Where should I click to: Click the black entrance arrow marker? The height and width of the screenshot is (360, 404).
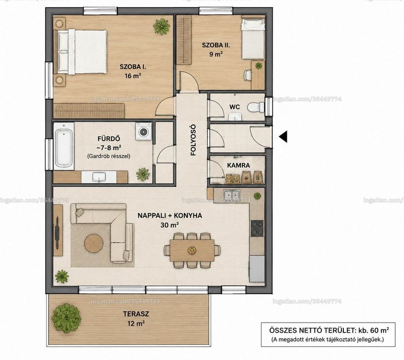pyautogui.click(x=283, y=137)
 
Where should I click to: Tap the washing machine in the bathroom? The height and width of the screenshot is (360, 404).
pyautogui.click(x=143, y=131)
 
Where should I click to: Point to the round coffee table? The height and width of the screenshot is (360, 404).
pyautogui.click(x=94, y=243)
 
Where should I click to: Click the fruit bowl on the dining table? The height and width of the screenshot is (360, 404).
pyautogui.click(x=192, y=250)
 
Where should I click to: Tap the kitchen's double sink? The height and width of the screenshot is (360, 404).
pyautogui.click(x=232, y=195)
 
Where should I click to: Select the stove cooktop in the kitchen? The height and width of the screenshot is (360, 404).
pyautogui.click(x=257, y=229)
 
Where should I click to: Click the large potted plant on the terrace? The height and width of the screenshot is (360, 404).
pyautogui.click(x=66, y=319)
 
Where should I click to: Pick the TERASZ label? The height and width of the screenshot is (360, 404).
pyautogui.click(x=136, y=314)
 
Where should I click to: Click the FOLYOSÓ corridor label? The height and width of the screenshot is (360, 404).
pyautogui.click(x=193, y=140)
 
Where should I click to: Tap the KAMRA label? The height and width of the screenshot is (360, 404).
pyautogui.click(x=238, y=165)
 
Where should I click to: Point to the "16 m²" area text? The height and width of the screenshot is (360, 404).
pyautogui.click(x=133, y=76)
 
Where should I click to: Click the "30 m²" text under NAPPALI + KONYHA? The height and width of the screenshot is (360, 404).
pyautogui.click(x=170, y=225)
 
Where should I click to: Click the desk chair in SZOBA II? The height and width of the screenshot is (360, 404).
pyautogui.click(x=247, y=75)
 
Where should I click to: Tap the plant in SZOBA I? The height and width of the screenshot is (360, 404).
pyautogui.click(x=162, y=26)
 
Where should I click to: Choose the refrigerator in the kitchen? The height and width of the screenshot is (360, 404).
pyautogui.click(x=257, y=269)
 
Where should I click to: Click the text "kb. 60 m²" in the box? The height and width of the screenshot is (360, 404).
pyautogui.click(x=373, y=330)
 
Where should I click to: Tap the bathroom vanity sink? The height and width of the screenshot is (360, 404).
pyautogui.click(x=98, y=177)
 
